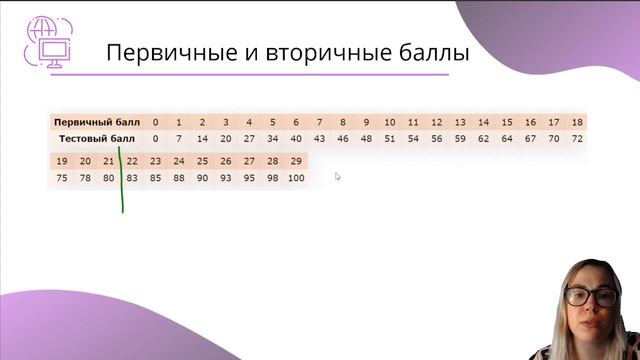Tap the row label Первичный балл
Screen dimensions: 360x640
pyautogui.click(x=97, y=122)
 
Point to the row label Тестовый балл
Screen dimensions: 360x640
pyautogui.click(x=96, y=138)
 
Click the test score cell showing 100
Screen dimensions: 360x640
pyautogui.click(x=295, y=177)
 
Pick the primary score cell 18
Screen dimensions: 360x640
pyautogui.click(x=576, y=122)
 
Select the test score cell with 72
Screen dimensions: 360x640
pyautogui.click(x=576, y=138)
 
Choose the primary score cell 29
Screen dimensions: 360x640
pyautogui.click(x=295, y=161)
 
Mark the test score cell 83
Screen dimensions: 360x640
pyautogui.click(x=132, y=177)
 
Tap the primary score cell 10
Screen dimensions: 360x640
pyautogui.click(x=389, y=122)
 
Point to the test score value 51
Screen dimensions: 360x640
pyautogui.click(x=389, y=138)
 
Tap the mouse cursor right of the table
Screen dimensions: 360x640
pyautogui.click(x=338, y=177)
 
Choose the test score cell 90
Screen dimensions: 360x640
pyautogui.click(x=202, y=177)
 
